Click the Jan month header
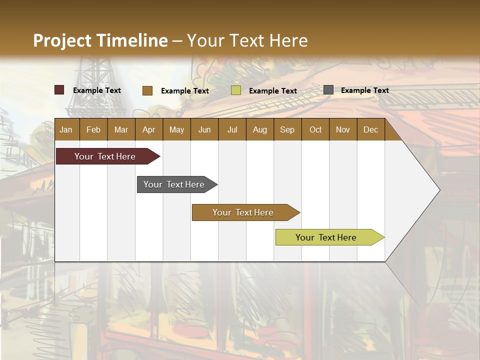pos(66,130)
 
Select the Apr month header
pos(148,130)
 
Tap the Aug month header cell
pos(259,130)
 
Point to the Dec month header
pos(370,130)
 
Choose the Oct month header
pos(315,130)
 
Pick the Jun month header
pos(204,130)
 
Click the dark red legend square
pos(59,90)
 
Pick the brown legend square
pos(147,90)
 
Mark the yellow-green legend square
pos(236,90)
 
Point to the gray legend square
pos(328,90)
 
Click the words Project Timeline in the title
pos(100,40)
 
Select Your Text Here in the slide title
pos(247,40)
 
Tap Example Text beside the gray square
pos(364,90)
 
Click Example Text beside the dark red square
pos(96,90)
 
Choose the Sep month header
pos(287,130)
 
